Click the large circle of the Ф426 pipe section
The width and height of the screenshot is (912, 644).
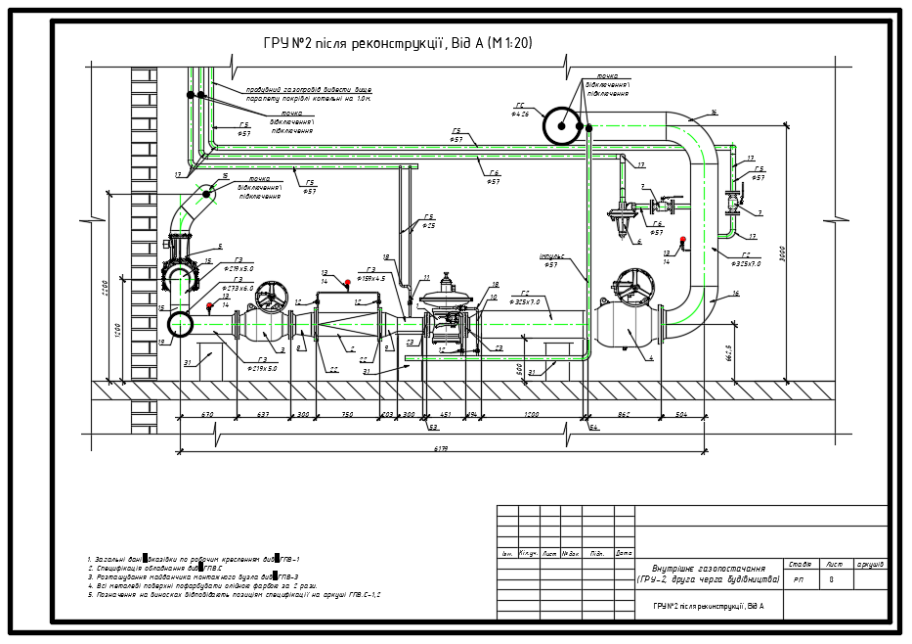coord(562,124)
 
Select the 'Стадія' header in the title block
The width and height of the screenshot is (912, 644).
coord(799,564)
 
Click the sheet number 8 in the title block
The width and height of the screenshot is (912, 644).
coord(831,579)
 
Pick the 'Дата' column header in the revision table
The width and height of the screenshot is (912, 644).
coord(624,554)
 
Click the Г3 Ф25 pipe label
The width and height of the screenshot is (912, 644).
coord(428,221)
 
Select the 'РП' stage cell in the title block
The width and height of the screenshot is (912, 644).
coord(799,579)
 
